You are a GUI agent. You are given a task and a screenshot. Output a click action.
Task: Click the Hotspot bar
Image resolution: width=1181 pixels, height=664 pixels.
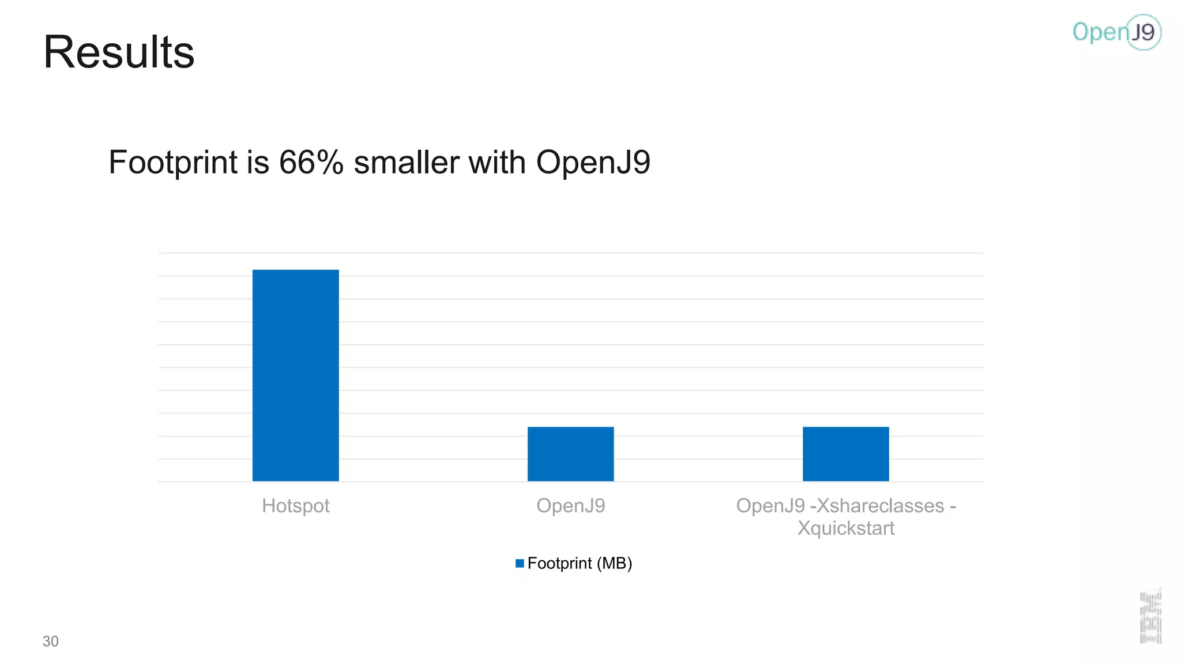[x=295, y=375]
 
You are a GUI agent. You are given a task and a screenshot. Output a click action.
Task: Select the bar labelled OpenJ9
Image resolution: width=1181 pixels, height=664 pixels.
[x=570, y=454]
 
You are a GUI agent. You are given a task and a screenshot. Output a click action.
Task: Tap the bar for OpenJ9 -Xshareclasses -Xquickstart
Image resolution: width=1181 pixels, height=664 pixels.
[x=845, y=454]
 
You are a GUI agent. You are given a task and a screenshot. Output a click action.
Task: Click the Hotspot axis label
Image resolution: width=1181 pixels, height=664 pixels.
[x=295, y=505]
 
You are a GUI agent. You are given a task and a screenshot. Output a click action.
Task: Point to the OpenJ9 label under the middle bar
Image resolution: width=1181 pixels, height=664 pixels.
[x=570, y=505]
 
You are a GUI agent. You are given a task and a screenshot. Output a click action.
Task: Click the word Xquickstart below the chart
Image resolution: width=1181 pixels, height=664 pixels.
[x=845, y=528]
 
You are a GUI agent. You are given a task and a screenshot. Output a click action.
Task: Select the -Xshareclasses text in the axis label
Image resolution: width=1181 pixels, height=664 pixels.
[x=877, y=505]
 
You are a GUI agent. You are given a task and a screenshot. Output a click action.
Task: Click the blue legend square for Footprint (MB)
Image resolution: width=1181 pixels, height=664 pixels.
[x=520, y=563]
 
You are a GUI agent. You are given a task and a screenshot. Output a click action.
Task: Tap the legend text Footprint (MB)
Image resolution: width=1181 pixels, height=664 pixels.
[x=580, y=563]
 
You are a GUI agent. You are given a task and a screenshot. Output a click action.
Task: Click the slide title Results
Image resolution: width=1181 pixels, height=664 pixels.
[x=119, y=52]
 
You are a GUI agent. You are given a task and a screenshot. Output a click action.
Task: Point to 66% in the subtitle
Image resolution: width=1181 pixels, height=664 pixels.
[x=311, y=162]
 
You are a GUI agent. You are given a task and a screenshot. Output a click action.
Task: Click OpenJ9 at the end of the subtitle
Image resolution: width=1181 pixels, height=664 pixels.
[x=593, y=162]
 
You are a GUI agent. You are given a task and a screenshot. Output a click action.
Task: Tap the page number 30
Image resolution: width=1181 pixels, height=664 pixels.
[x=51, y=641]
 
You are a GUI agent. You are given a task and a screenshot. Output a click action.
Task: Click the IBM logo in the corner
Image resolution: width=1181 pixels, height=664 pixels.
[x=1150, y=616]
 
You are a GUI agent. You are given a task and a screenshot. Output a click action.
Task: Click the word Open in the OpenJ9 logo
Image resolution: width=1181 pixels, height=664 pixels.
[x=1099, y=32]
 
